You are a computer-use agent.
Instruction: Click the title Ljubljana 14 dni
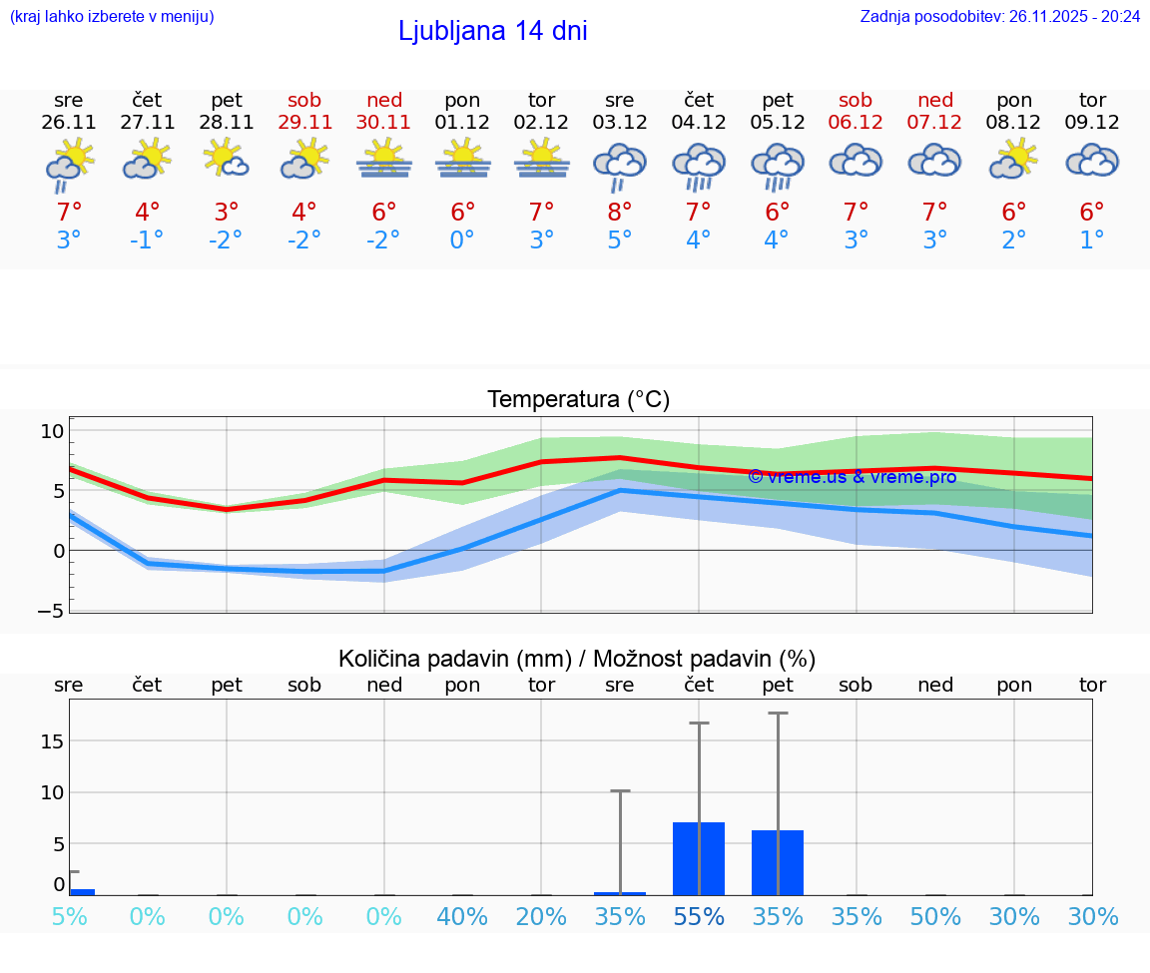[x=492, y=31]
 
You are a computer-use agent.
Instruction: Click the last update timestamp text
[x=999, y=17]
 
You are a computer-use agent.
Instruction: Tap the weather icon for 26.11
[x=69, y=164]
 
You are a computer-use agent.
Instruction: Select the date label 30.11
[x=383, y=123]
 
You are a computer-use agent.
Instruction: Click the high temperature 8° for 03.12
[x=620, y=213]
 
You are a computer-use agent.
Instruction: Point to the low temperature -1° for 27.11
[x=147, y=241]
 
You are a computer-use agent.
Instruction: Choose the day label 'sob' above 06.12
[x=856, y=100]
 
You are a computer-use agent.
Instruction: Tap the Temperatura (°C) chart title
[x=578, y=400]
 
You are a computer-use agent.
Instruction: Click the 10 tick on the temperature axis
[x=52, y=431]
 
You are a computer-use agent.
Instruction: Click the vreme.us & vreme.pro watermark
[x=852, y=477]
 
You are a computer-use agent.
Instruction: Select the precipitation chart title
[x=577, y=659]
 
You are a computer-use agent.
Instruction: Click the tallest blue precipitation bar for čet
[x=699, y=858]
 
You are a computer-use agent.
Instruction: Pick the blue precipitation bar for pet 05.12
[x=778, y=862]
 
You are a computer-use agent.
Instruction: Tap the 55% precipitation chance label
[x=699, y=916]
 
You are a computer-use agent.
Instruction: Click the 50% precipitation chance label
[x=935, y=916]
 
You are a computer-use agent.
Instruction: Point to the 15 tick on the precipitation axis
[x=52, y=740]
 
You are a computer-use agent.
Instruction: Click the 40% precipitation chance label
[x=462, y=916]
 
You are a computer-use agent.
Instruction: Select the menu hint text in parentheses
[x=111, y=17]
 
